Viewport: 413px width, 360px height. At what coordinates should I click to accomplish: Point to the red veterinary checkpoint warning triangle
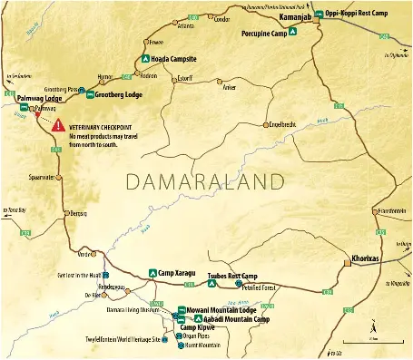(x=59, y=124)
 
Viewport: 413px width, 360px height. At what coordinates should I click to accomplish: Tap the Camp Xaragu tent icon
(x=152, y=272)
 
